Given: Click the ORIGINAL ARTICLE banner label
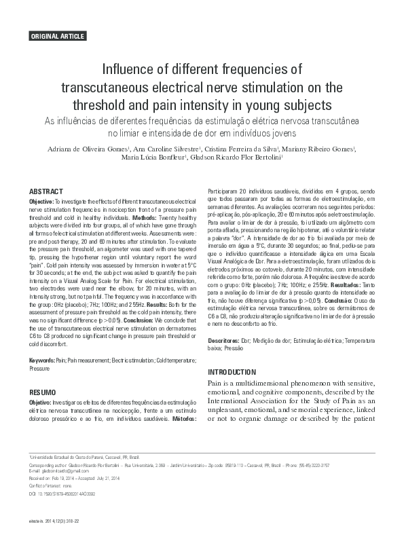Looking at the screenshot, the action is point(57,35).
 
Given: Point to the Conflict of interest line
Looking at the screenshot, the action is point(54,489).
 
